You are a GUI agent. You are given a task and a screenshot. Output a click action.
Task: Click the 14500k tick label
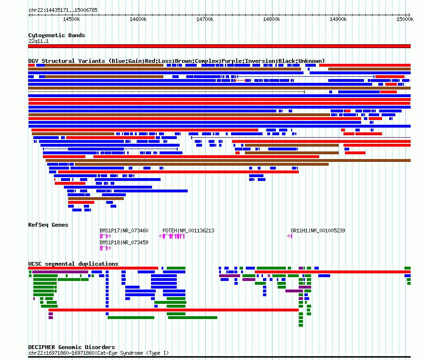(x=71, y=19)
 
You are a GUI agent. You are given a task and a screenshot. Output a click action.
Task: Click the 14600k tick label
(x=138, y=19)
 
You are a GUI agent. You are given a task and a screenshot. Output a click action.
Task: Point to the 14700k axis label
(x=205, y=19)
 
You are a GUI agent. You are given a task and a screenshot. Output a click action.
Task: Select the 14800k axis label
(x=272, y=19)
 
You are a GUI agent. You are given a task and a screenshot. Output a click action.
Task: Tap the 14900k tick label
(x=338, y=19)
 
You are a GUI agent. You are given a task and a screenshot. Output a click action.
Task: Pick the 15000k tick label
(x=405, y=19)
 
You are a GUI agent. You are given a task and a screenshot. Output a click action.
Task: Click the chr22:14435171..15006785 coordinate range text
(x=63, y=10)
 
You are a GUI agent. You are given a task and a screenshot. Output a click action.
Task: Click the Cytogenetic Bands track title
(x=57, y=35)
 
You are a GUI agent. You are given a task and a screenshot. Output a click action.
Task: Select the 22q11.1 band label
(x=39, y=41)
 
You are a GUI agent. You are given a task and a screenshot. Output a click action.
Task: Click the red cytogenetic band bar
(x=219, y=46)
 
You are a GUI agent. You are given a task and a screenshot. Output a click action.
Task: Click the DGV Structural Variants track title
(x=177, y=61)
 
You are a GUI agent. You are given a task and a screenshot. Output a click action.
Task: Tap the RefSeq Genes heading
(x=48, y=225)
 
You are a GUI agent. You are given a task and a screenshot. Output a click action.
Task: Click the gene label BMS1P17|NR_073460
(x=124, y=230)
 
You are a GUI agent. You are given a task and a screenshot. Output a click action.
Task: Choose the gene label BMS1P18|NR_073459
(x=124, y=242)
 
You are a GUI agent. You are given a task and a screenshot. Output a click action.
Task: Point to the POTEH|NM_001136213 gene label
(x=188, y=230)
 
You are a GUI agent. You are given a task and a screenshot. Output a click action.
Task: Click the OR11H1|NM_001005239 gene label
(x=318, y=230)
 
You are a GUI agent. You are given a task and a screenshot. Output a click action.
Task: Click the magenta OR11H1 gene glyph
(x=290, y=236)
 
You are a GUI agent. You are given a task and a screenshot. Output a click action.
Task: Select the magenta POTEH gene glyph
(x=172, y=236)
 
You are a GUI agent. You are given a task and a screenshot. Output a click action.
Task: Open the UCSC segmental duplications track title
(x=73, y=264)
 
